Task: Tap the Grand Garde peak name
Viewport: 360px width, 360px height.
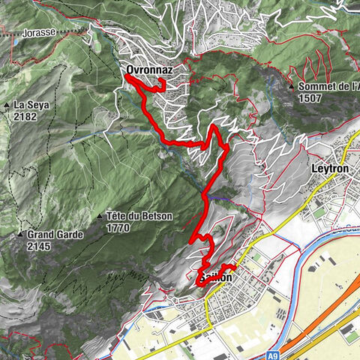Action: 49,235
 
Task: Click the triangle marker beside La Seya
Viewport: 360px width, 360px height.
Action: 7,106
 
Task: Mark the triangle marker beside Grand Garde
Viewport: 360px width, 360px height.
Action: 20,235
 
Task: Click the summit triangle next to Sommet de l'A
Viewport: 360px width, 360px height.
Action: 291,87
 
